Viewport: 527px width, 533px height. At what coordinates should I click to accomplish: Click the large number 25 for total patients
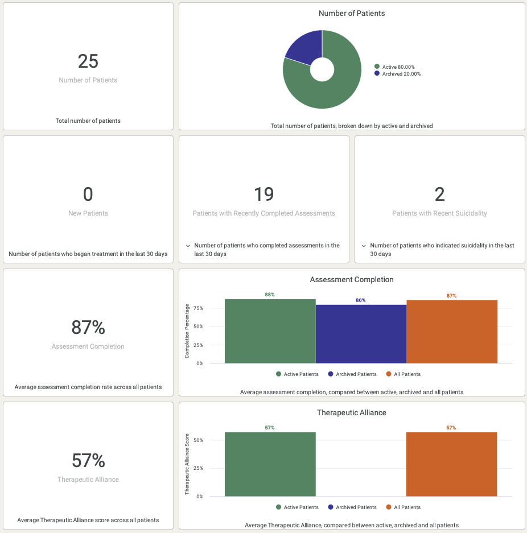[x=88, y=61]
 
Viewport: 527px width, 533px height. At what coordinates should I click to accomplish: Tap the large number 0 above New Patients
[x=88, y=195]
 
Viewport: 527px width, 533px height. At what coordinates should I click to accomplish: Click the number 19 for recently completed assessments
[x=263, y=195]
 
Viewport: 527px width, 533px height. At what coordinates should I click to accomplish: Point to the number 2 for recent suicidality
[x=439, y=195]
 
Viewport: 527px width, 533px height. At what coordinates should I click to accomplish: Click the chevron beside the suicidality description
[x=363, y=246]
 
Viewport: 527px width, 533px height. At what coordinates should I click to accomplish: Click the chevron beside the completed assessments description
[x=187, y=246]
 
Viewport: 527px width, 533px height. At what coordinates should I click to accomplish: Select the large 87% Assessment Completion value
[x=88, y=328]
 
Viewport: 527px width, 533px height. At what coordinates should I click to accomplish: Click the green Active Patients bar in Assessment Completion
[x=270, y=332]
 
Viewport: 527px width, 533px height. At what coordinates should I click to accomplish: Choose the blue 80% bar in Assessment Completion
[x=361, y=334]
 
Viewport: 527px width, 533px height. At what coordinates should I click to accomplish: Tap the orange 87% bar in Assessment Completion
[x=452, y=332]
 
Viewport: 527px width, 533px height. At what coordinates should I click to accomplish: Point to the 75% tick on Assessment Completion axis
[x=198, y=308]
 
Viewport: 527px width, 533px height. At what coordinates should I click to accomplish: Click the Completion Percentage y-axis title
[x=187, y=331]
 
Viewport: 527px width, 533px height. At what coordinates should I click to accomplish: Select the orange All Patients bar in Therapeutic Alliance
[x=451, y=464]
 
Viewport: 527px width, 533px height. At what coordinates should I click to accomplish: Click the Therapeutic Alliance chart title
[x=351, y=412]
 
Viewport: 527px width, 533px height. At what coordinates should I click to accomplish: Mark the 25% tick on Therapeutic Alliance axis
[x=198, y=468]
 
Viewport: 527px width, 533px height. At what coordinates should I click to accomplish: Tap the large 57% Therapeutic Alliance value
[x=88, y=461]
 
